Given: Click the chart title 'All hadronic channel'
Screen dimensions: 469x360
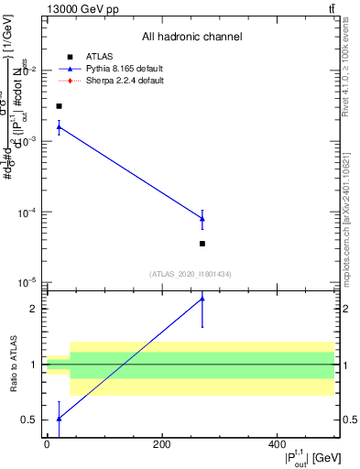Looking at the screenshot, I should pos(191,38).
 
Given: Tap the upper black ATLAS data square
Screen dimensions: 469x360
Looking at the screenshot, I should pos(59,106).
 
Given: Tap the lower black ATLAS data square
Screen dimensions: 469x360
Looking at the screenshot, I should pos(202,244).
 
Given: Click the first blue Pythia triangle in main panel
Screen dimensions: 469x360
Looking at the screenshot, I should pos(59,126).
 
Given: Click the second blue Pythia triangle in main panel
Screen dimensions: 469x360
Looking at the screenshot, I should pos(202,219).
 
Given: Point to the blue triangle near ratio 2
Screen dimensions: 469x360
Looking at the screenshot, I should pos(202,299).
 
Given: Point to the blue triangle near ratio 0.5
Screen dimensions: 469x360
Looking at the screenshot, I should pos(59,418).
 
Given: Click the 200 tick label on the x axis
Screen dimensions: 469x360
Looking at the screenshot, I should pos(162,444).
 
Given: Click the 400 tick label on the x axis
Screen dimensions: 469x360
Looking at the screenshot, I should pos(278,444).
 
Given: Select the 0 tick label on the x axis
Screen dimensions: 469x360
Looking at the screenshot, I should pos(47,444).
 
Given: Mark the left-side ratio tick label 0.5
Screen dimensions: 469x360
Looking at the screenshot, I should pos(30,420).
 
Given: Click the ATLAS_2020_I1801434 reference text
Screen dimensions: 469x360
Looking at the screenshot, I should pos(191,274).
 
